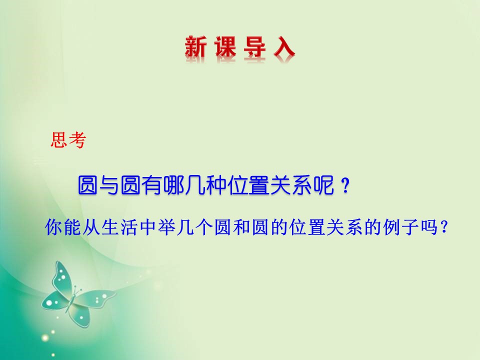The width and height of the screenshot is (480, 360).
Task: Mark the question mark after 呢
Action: tap(343, 187)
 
